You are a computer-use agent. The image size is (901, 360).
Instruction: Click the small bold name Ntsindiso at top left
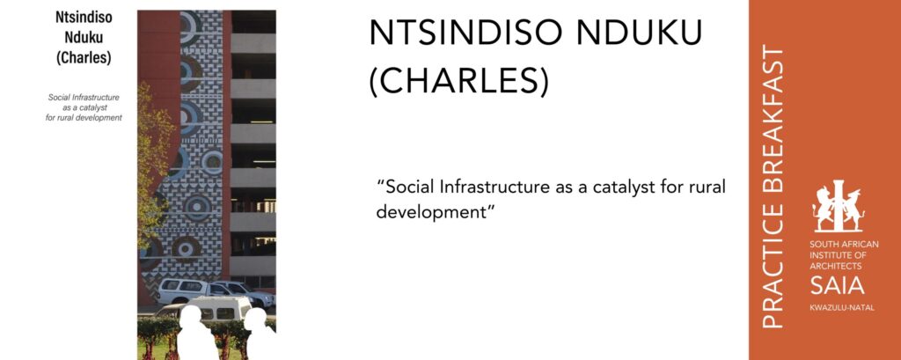(84, 18)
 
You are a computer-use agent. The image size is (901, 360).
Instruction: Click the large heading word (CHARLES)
(458, 82)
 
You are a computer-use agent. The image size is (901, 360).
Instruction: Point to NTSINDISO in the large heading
(465, 33)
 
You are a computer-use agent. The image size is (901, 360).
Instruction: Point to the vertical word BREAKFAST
(773, 124)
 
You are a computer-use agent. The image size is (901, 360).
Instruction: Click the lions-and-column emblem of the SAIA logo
(839, 206)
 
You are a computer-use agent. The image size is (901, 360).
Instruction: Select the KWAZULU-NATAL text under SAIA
(842, 308)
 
